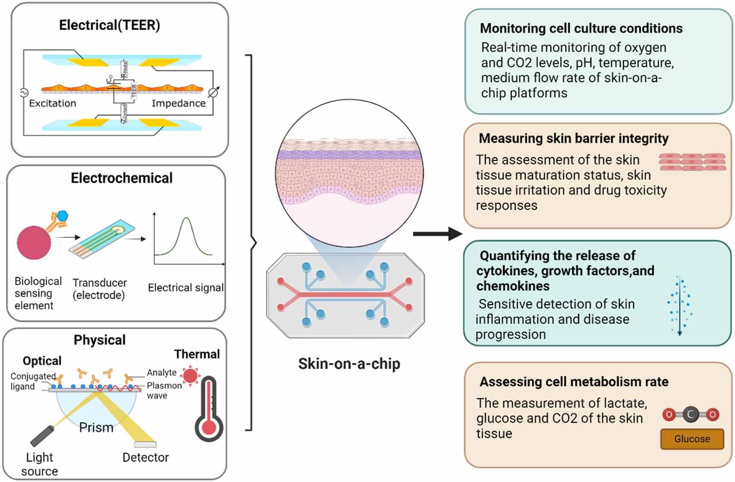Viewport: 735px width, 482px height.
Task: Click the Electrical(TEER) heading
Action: click(x=110, y=25)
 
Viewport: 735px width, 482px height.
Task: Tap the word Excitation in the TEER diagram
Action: click(x=52, y=103)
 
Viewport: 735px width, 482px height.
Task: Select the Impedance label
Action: click(x=179, y=103)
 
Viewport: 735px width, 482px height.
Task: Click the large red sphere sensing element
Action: click(x=34, y=242)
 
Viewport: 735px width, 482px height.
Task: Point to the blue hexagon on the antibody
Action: click(x=63, y=216)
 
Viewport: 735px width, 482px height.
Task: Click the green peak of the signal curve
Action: click(x=186, y=220)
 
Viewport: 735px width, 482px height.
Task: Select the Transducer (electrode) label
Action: click(x=99, y=289)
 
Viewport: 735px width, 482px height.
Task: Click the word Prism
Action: click(x=96, y=427)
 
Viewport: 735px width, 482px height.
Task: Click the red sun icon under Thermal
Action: click(x=190, y=376)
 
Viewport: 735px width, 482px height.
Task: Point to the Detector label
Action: click(x=145, y=457)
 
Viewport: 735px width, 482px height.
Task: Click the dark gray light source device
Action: click(x=43, y=435)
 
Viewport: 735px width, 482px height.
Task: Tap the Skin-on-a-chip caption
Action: click(x=349, y=364)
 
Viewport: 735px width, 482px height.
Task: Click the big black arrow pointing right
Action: click(x=438, y=233)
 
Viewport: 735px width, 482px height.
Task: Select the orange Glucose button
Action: click(x=692, y=439)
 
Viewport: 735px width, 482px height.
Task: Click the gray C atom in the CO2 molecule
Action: click(x=690, y=414)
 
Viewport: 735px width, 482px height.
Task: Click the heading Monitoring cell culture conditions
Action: click(x=581, y=29)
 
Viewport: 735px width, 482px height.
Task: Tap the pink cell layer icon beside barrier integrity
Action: click(x=692, y=162)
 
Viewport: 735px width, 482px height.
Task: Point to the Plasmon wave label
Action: click(x=164, y=390)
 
